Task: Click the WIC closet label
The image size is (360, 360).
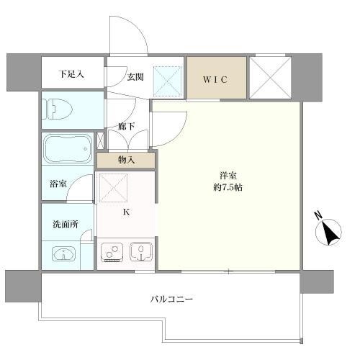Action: pyautogui.click(x=217, y=79)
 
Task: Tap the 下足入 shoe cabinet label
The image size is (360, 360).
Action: pyautogui.click(x=71, y=73)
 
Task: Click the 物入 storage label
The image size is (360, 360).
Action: pyautogui.click(x=125, y=159)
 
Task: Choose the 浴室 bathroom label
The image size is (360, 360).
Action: pyautogui.click(x=58, y=184)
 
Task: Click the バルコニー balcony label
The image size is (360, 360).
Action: pyautogui.click(x=171, y=299)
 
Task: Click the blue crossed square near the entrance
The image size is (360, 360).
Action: pyautogui.click(x=171, y=80)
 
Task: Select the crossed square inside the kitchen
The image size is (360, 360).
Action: pyautogui.click(x=113, y=188)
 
